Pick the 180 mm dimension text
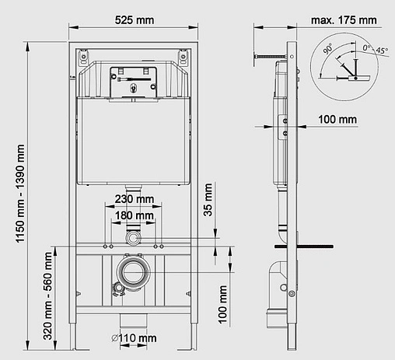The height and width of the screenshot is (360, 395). [x=133, y=215]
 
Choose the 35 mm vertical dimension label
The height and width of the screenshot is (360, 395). [x=208, y=201]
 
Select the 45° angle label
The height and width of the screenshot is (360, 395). [x=381, y=51]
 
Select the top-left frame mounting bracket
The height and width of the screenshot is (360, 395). [x=82, y=57]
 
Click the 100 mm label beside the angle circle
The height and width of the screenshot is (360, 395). [x=337, y=119]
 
